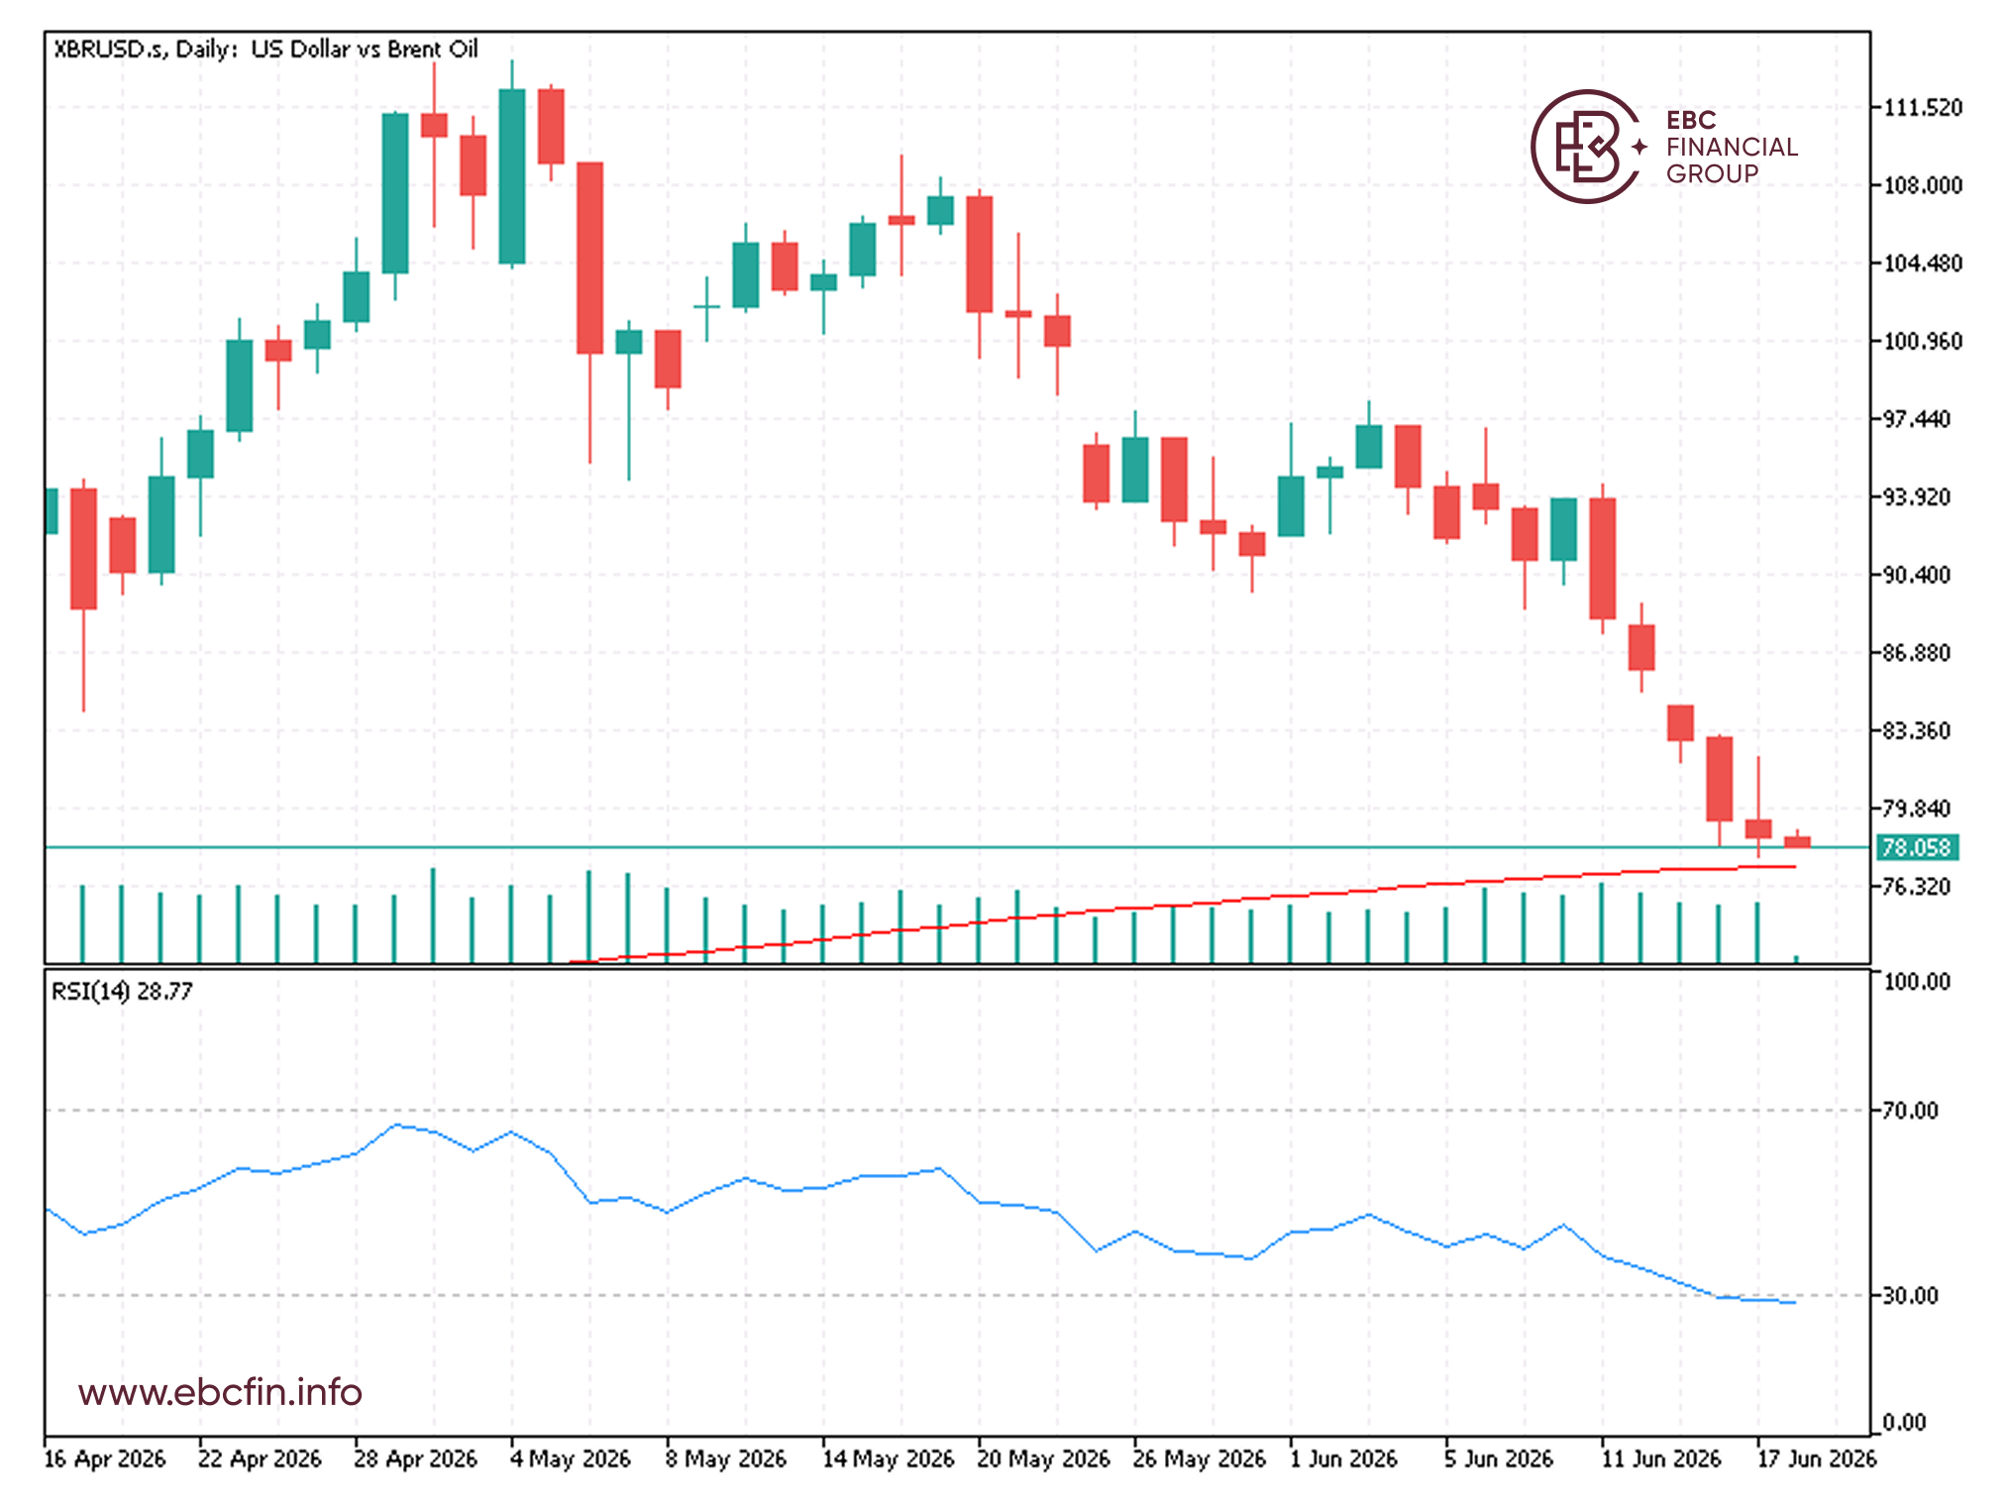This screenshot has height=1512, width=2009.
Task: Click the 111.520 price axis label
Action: point(1922,107)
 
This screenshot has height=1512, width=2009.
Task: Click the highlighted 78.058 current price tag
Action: point(1917,848)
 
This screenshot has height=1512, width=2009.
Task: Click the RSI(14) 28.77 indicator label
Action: point(122,991)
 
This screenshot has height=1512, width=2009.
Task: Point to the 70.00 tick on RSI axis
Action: point(1910,1111)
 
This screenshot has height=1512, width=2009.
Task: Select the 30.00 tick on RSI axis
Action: point(1910,1295)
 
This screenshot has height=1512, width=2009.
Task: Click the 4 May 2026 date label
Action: point(570,1458)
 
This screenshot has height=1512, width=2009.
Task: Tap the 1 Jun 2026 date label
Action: point(1342,1458)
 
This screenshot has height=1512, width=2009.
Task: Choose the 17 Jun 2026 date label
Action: point(1816,1458)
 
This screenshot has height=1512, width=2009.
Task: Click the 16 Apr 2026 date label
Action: point(105,1458)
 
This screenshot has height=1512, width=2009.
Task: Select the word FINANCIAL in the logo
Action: point(1732,147)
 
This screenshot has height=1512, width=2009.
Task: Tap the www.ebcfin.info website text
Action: point(220,1392)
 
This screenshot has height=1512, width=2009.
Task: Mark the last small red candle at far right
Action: point(1797,841)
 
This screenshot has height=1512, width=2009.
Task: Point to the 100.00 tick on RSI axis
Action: point(1916,982)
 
